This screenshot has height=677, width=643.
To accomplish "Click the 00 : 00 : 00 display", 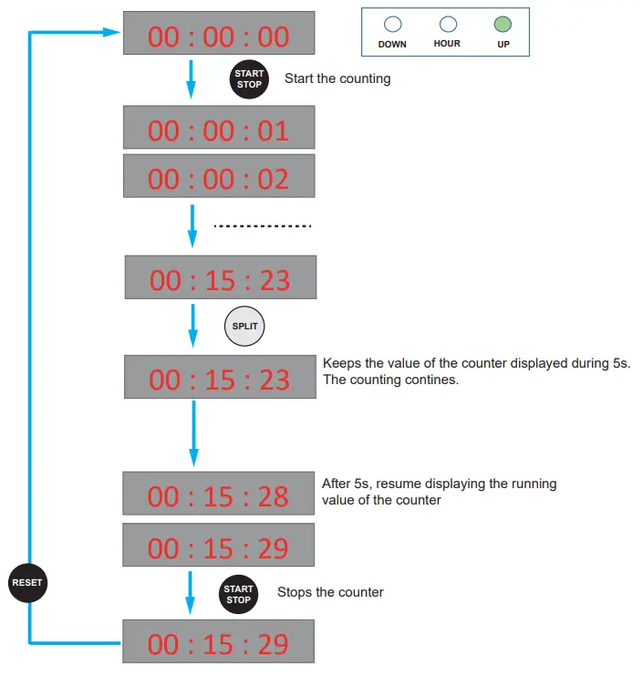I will tap(219, 36).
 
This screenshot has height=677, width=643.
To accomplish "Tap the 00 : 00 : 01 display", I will tap(219, 130).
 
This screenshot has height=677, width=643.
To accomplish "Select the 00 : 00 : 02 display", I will tap(219, 179).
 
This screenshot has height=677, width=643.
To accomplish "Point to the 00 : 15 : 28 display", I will tap(219, 496).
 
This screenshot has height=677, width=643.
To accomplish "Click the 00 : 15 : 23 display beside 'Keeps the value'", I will tap(220, 379).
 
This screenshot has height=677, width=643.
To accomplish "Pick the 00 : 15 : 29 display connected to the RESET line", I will tap(219, 643).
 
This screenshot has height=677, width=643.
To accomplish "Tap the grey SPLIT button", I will tap(244, 326).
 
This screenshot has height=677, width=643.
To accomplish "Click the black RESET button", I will tap(27, 583).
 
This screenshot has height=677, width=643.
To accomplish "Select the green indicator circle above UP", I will tap(503, 25).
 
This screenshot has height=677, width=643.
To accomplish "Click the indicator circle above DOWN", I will tap(393, 25).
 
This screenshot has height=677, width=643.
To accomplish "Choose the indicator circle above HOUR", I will tap(448, 25).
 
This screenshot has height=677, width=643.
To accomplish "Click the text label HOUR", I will tap(448, 43).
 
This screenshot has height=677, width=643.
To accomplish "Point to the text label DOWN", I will tap(392, 44).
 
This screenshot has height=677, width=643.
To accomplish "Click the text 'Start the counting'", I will tap(337, 78).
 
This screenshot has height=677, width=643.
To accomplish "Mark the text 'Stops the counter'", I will tap(330, 593).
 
